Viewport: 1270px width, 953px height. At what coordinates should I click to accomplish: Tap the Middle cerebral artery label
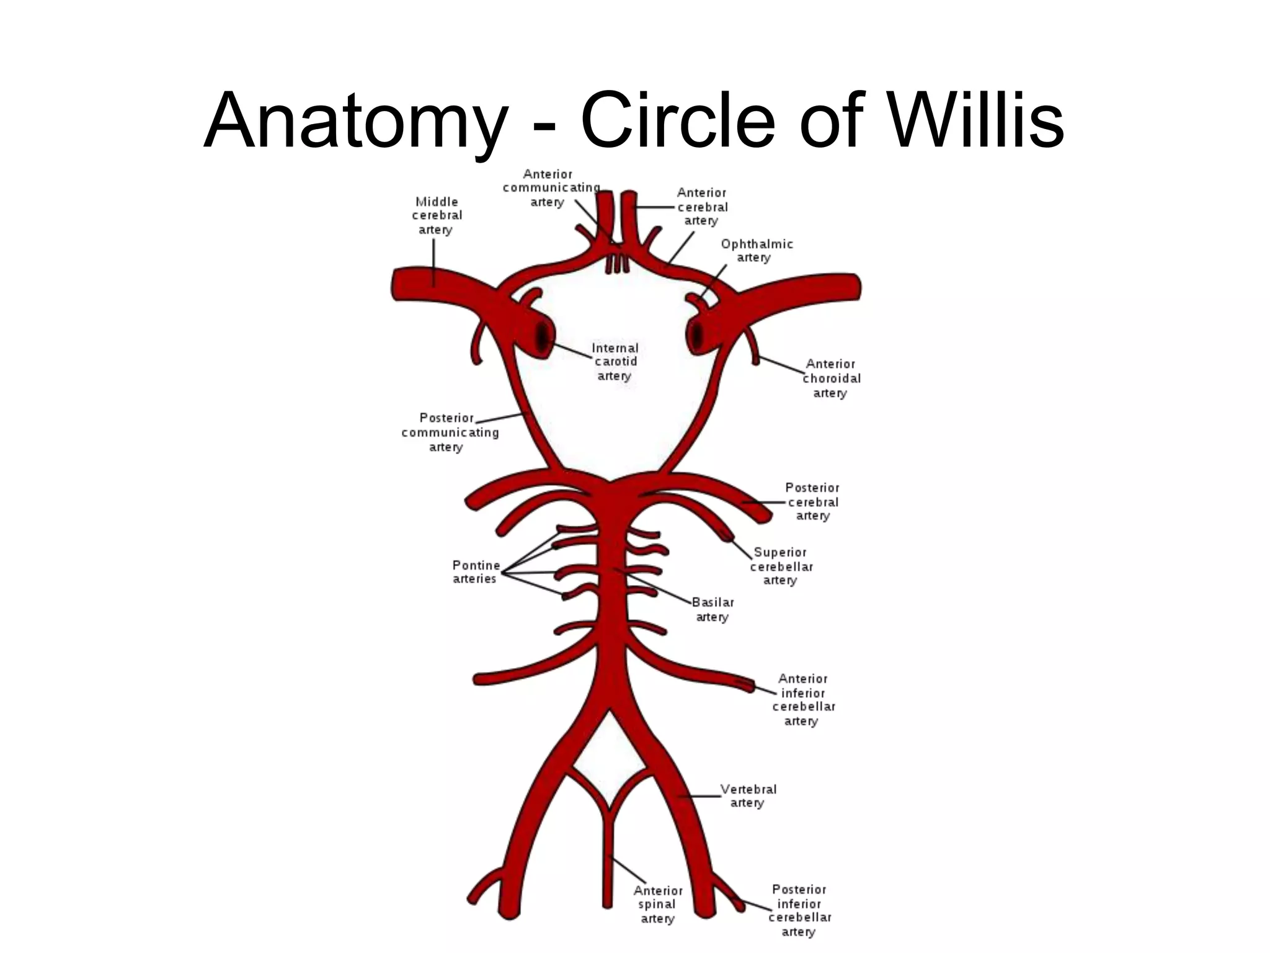coord(437,215)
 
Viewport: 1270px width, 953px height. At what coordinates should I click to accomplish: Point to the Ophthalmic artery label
coord(756,251)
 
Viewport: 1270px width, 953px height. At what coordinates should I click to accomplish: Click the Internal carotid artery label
coord(615,362)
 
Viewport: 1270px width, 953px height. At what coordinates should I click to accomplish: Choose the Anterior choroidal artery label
coord(831,378)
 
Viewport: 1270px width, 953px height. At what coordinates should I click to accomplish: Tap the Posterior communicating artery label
coord(449,432)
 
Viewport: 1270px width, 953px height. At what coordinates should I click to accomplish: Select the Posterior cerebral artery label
coord(812,501)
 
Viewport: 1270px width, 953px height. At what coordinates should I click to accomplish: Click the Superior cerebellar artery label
coord(781,566)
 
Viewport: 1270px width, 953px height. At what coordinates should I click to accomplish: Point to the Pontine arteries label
coord(476,572)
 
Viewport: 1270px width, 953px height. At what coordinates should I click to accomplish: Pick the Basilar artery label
coord(713,609)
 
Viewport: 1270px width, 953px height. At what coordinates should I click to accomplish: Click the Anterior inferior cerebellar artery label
coord(804,700)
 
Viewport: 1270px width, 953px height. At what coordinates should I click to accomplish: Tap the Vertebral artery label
coord(748,796)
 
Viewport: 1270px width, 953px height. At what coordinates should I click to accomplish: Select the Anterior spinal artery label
coord(657,904)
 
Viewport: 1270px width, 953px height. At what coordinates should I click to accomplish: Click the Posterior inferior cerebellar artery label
coord(800,910)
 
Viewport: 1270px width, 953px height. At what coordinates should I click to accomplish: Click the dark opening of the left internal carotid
coord(543,338)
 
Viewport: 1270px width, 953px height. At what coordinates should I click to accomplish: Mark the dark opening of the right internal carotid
coord(697,336)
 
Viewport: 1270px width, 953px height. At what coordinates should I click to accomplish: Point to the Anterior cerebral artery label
coord(702,207)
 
